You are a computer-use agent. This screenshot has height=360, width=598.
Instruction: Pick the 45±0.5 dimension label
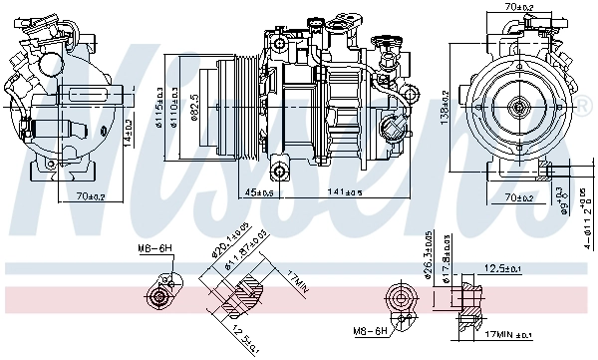[x=261, y=191]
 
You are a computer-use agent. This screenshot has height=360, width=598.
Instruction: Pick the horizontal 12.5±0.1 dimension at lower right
[x=501, y=267]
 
